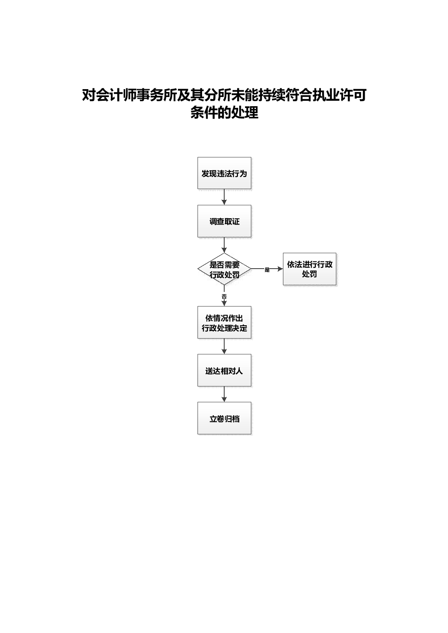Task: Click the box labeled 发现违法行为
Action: (x=224, y=173)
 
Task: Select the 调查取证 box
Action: (x=224, y=221)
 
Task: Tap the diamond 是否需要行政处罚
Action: (x=224, y=269)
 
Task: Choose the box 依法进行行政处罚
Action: (x=309, y=269)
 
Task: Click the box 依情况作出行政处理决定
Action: (x=224, y=322)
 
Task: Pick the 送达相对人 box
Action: (x=224, y=370)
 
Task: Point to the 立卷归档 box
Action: (x=224, y=418)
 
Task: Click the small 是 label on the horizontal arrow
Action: (x=267, y=270)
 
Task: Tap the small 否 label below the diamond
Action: (x=224, y=297)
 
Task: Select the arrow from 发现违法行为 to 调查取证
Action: (x=224, y=197)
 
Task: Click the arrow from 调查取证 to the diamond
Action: (x=224, y=245)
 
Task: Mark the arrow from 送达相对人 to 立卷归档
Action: (x=224, y=394)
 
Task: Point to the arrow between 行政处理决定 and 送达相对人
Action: (x=224, y=346)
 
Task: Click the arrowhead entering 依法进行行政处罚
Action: (x=280, y=269)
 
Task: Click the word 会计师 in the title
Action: (x=116, y=95)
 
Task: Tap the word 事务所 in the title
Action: (x=157, y=95)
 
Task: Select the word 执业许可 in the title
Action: (x=339, y=95)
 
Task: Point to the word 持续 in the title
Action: (x=272, y=95)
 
